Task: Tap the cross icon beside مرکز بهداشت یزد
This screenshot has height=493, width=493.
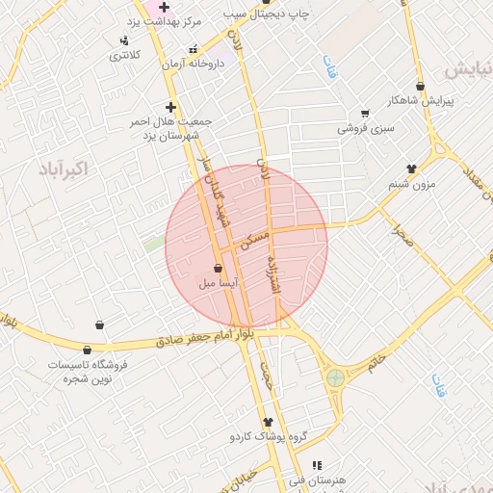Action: point(165,7)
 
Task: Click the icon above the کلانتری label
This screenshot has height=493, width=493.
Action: point(124,40)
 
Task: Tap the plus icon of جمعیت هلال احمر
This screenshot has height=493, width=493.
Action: point(171,107)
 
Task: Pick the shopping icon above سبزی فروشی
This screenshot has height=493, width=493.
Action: point(365,114)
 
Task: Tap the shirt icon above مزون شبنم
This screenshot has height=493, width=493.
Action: point(411,169)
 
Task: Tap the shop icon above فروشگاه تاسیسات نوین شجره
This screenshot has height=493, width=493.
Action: point(88,350)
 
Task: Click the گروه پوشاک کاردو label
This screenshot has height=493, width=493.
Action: point(268,437)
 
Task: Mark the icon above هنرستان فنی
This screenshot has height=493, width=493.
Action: point(317,465)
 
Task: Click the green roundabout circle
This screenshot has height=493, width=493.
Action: point(335,378)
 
